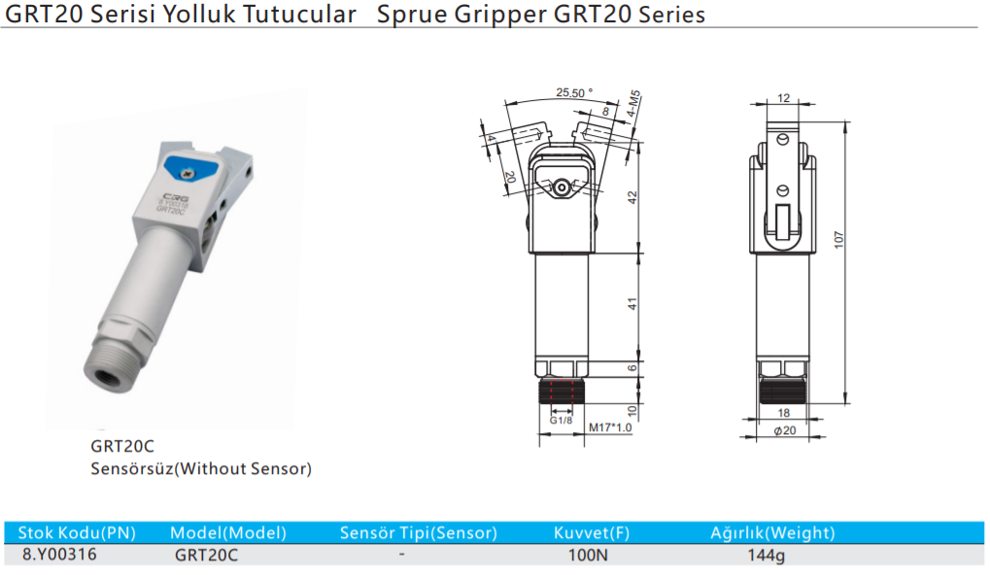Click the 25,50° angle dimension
pos(574,92)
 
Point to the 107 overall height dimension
pos(838,239)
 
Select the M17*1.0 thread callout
pos(611,427)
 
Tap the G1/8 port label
pos(561,421)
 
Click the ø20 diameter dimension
pos(784,430)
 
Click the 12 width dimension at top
pos(783,97)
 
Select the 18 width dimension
pos(784,413)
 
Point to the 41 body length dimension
pos(632,303)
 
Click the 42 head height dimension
pos(632,197)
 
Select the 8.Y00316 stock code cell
pos(59,554)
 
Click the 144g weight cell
pos(766,556)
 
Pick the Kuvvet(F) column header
pos(592,532)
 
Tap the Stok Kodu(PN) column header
pos(77,532)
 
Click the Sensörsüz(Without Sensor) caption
pos(201,469)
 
